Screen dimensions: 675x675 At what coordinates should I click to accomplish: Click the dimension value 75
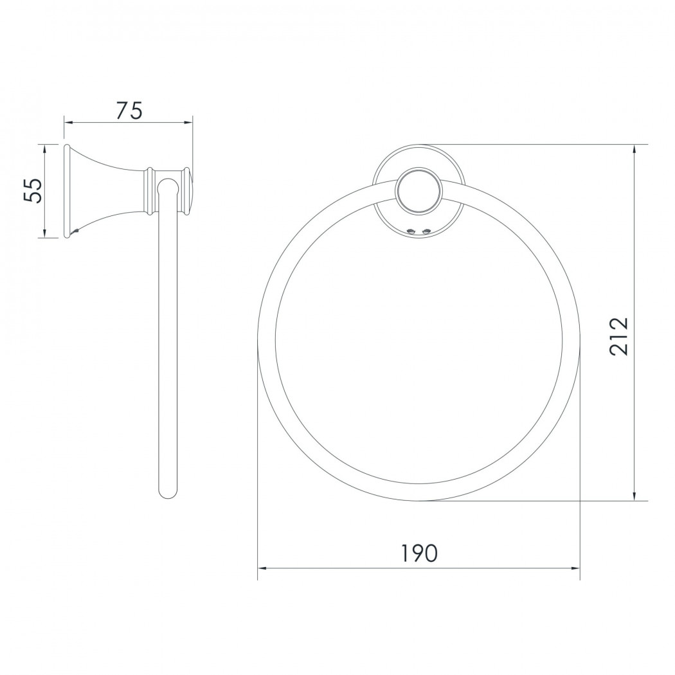(x=129, y=111)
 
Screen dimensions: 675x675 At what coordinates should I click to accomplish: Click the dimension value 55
(x=33, y=190)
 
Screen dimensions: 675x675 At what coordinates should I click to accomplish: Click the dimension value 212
(x=619, y=337)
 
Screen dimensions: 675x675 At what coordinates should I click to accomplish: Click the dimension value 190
(x=419, y=553)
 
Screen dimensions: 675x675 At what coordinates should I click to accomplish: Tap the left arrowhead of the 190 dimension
(x=262, y=568)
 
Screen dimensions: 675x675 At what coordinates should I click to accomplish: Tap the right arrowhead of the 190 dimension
(x=575, y=568)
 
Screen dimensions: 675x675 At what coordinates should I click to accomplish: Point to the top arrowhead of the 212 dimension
(x=634, y=150)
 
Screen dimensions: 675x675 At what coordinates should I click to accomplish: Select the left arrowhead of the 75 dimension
(x=69, y=122)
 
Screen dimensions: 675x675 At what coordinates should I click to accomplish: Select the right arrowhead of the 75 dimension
(x=187, y=122)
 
